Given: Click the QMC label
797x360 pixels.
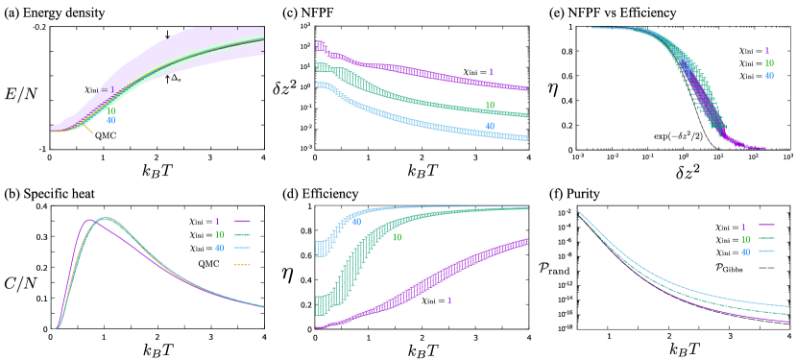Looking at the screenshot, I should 106,135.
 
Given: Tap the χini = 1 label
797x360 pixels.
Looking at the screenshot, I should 99,90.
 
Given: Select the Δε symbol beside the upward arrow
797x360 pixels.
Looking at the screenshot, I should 177,78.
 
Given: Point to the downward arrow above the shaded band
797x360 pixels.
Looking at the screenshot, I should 167,35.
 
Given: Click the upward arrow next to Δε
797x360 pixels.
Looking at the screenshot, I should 167,79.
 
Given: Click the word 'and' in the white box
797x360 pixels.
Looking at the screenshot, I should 562,272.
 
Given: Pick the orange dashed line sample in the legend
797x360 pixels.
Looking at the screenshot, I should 242,264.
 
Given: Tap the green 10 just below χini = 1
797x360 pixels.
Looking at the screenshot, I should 111,111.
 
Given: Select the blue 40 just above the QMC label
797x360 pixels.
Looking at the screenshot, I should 111,121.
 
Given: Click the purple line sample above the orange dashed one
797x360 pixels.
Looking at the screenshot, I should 242,221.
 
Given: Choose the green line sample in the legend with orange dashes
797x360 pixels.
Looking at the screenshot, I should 242,234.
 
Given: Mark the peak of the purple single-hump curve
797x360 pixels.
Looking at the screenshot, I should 91,220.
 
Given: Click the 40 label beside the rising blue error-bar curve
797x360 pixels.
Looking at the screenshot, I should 356,222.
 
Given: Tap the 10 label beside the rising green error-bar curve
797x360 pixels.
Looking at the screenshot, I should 397,237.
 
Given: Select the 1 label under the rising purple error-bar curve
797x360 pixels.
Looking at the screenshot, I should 448,300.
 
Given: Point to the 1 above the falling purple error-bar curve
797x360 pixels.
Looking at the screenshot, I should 491,73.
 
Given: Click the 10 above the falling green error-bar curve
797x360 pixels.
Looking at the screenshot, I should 490,106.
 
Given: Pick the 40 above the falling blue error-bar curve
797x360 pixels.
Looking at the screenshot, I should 490,126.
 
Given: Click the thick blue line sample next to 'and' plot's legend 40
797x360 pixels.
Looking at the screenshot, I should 766,252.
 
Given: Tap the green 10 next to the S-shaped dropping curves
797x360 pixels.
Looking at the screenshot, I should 767,63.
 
